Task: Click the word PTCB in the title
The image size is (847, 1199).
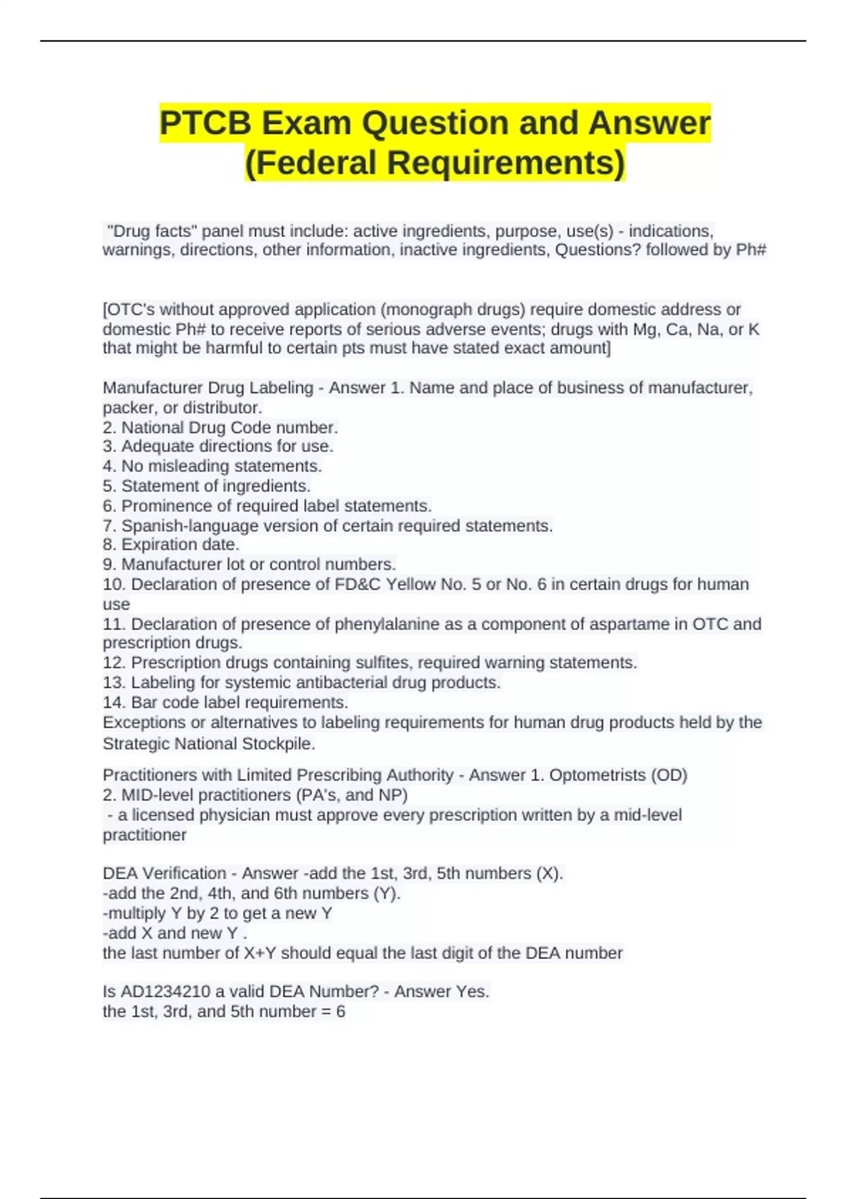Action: [205, 123]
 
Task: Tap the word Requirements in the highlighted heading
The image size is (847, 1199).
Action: [505, 162]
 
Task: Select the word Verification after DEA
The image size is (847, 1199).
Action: [184, 873]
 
